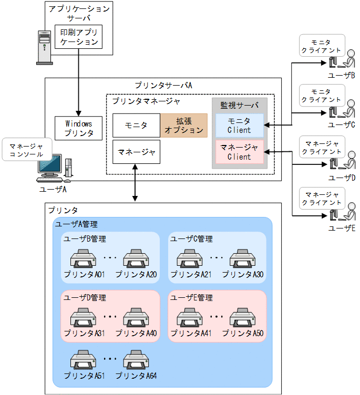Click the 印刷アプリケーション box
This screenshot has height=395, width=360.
click(79, 37)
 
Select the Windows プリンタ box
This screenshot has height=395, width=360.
click(79, 128)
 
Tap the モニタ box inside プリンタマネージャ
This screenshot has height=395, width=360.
click(136, 126)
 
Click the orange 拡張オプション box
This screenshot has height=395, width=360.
click(184, 126)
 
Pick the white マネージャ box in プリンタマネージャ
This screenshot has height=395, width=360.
click(136, 152)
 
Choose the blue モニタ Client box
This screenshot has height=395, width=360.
click(239, 126)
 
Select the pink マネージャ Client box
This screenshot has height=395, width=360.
click(239, 152)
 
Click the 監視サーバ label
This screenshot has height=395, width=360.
click(239, 105)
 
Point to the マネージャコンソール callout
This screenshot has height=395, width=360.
click(26, 149)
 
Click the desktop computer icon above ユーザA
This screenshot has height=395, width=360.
click(56, 167)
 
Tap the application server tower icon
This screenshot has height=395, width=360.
click(44, 47)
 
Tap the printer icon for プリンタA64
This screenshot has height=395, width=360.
click(136, 361)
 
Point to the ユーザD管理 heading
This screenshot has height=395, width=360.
click(85, 298)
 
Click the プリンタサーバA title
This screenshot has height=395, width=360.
click(163, 85)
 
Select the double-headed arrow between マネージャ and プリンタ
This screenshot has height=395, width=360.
click(136, 182)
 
